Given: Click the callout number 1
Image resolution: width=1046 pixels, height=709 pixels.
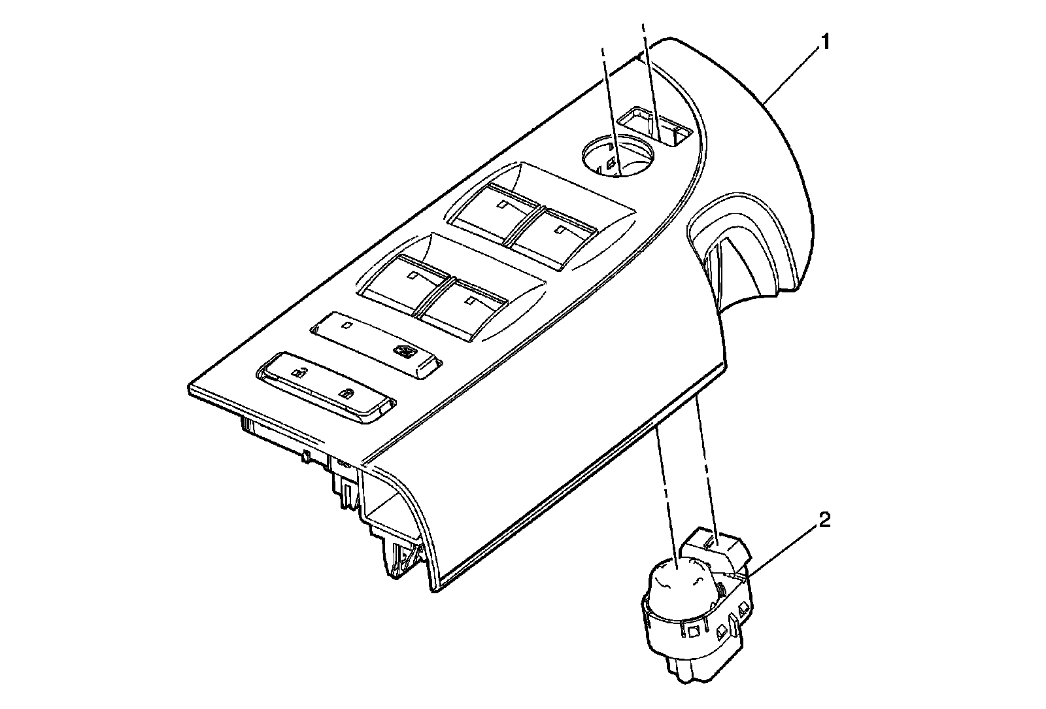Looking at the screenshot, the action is point(826,43).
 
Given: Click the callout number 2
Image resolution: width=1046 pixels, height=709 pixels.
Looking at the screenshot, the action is point(825,521).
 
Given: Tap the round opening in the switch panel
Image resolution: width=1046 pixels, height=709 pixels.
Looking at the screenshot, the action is point(616,156).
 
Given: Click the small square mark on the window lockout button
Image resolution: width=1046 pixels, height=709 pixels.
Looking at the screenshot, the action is point(348,325).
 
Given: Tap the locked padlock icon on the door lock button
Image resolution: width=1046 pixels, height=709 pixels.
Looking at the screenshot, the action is point(346,394).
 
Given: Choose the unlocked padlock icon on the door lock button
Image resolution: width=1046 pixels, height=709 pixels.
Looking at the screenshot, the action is point(297,373).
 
